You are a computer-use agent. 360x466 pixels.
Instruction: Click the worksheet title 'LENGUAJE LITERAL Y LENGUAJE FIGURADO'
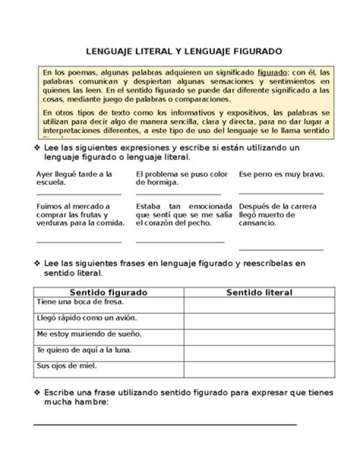tap(184, 52)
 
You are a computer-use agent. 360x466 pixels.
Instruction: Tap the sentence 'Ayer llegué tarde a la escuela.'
tap(74, 178)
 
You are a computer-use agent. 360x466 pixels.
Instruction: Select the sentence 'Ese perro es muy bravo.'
tap(281, 174)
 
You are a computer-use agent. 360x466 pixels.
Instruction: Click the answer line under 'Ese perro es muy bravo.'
tap(280, 193)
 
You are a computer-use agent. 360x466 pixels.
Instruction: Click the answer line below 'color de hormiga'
tap(178, 194)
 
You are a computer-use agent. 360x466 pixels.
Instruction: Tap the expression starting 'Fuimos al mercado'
tap(80, 215)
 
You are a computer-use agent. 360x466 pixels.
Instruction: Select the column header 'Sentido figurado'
tap(108, 292)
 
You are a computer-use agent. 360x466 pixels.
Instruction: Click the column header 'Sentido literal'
tap(259, 292)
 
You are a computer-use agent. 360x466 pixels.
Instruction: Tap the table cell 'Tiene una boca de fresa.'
tap(108, 303)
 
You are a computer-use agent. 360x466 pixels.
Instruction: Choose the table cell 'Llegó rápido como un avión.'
tap(108, 318)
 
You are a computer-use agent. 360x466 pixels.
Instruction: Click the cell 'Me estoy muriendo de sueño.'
tap(108, 334)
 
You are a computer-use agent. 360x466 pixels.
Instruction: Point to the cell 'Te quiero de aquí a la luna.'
tap(108, 350)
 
